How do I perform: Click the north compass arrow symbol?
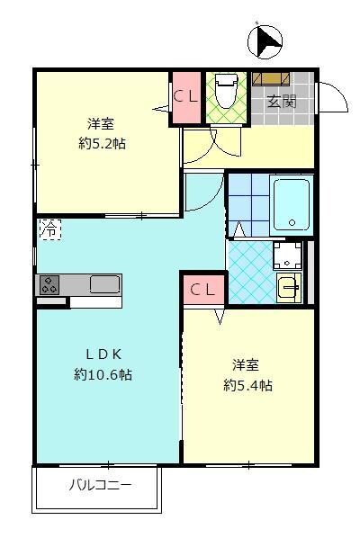pyautogui.click(x=265, y=42)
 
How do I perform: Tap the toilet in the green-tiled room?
pyautogui.click(x=226, y=91)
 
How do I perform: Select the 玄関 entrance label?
pyautogui.click(x=282, y=102)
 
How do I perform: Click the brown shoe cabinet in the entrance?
pyautogui.click(x=271, y=78)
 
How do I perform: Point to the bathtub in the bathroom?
pyautogui.click(x=292, y=205)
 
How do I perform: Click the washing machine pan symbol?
pyautogui.click(x=287, y=256)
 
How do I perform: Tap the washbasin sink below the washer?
pyautogui.click(x=289, y=287)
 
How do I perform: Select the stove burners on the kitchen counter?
pyautogui.click(x=49, y=285)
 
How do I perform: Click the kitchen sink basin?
pyautogui.click(x=105, y=284)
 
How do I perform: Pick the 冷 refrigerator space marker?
pyautogui.click(x=50, y=229)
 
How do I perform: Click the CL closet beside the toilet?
pyautogui.click(x=186, y=98)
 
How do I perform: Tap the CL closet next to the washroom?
pyautogui.click(x=203, y=289)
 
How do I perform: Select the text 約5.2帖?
pyautogui.click(x=102, y=143)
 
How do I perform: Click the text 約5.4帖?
pyautogui.click(x=247, y=385)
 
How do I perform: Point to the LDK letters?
pyautogui.click(x=103, y=354)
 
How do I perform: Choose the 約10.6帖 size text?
pyautogui.click(x=103, y=374)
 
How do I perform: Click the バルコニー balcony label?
pyautogui.click(x=100, y=485)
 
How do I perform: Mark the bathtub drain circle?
pyautogui.click(x=292, y=222)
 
